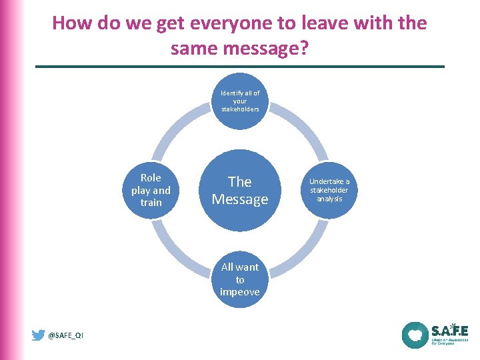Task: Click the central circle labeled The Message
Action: tap(239, 190)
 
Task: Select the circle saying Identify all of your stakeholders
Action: tap(239, 101)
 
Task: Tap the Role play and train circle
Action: tap(151, 190)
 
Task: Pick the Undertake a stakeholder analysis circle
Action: tap(329, 190)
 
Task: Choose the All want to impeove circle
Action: tap(239, 279)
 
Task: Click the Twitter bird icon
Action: tap(39, 335)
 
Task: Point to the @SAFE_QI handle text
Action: tap(66, 336)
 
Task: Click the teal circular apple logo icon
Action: tap(415, 335)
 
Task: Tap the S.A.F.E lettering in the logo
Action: tap(449, 331)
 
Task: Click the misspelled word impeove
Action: tap(239, 292)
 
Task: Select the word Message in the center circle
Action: tap(239, 199)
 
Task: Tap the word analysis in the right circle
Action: tap(329, 199)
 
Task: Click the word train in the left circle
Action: tap(151, 203)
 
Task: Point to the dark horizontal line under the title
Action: tap(239, 67)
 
